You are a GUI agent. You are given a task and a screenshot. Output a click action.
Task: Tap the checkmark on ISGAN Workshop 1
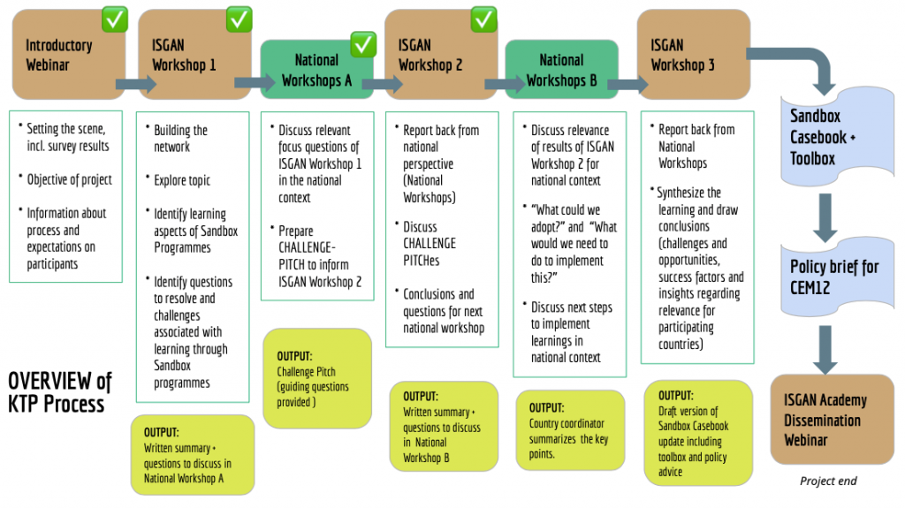(x=240, y=18)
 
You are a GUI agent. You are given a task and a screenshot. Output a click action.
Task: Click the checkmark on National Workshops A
(x=363, y=42)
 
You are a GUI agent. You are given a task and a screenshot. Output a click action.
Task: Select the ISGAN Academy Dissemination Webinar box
(x=832, y=419)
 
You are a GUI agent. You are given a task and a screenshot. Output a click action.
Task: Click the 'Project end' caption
(x=828, y=481)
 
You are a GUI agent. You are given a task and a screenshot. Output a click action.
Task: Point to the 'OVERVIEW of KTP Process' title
(x=60, y=392)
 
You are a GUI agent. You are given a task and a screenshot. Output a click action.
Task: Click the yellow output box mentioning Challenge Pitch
(x=317, y=379)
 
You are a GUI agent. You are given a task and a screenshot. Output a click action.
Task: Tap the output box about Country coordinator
(x=571, y=430)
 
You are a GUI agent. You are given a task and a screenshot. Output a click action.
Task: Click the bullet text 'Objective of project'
(x=69, y=179)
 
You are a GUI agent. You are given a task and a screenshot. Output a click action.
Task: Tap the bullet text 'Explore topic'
(x=182, y=180)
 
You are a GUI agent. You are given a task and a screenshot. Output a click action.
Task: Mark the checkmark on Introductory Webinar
(x=115, y=18)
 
